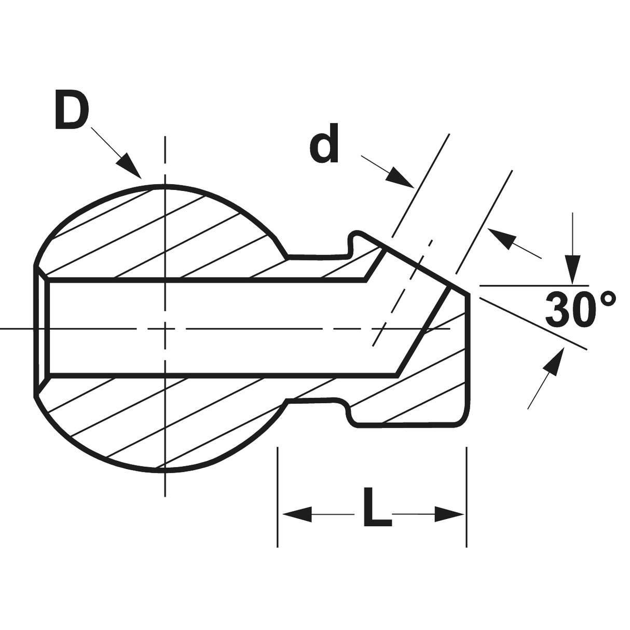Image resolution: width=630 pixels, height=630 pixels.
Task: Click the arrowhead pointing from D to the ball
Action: pos(130,166)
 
